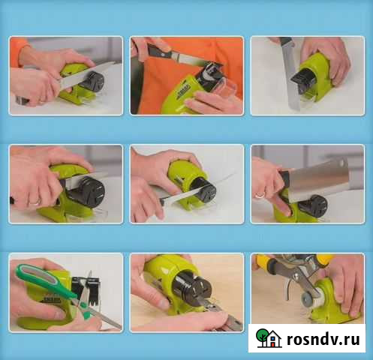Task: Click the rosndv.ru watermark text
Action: tap(323, 339)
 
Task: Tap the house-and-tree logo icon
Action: tap(269, 338)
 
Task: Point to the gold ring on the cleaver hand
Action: tap(260, 195)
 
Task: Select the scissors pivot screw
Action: tap(83, 305)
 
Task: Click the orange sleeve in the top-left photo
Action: tap(18, 50)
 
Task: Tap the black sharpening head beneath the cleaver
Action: tap(313, 206)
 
